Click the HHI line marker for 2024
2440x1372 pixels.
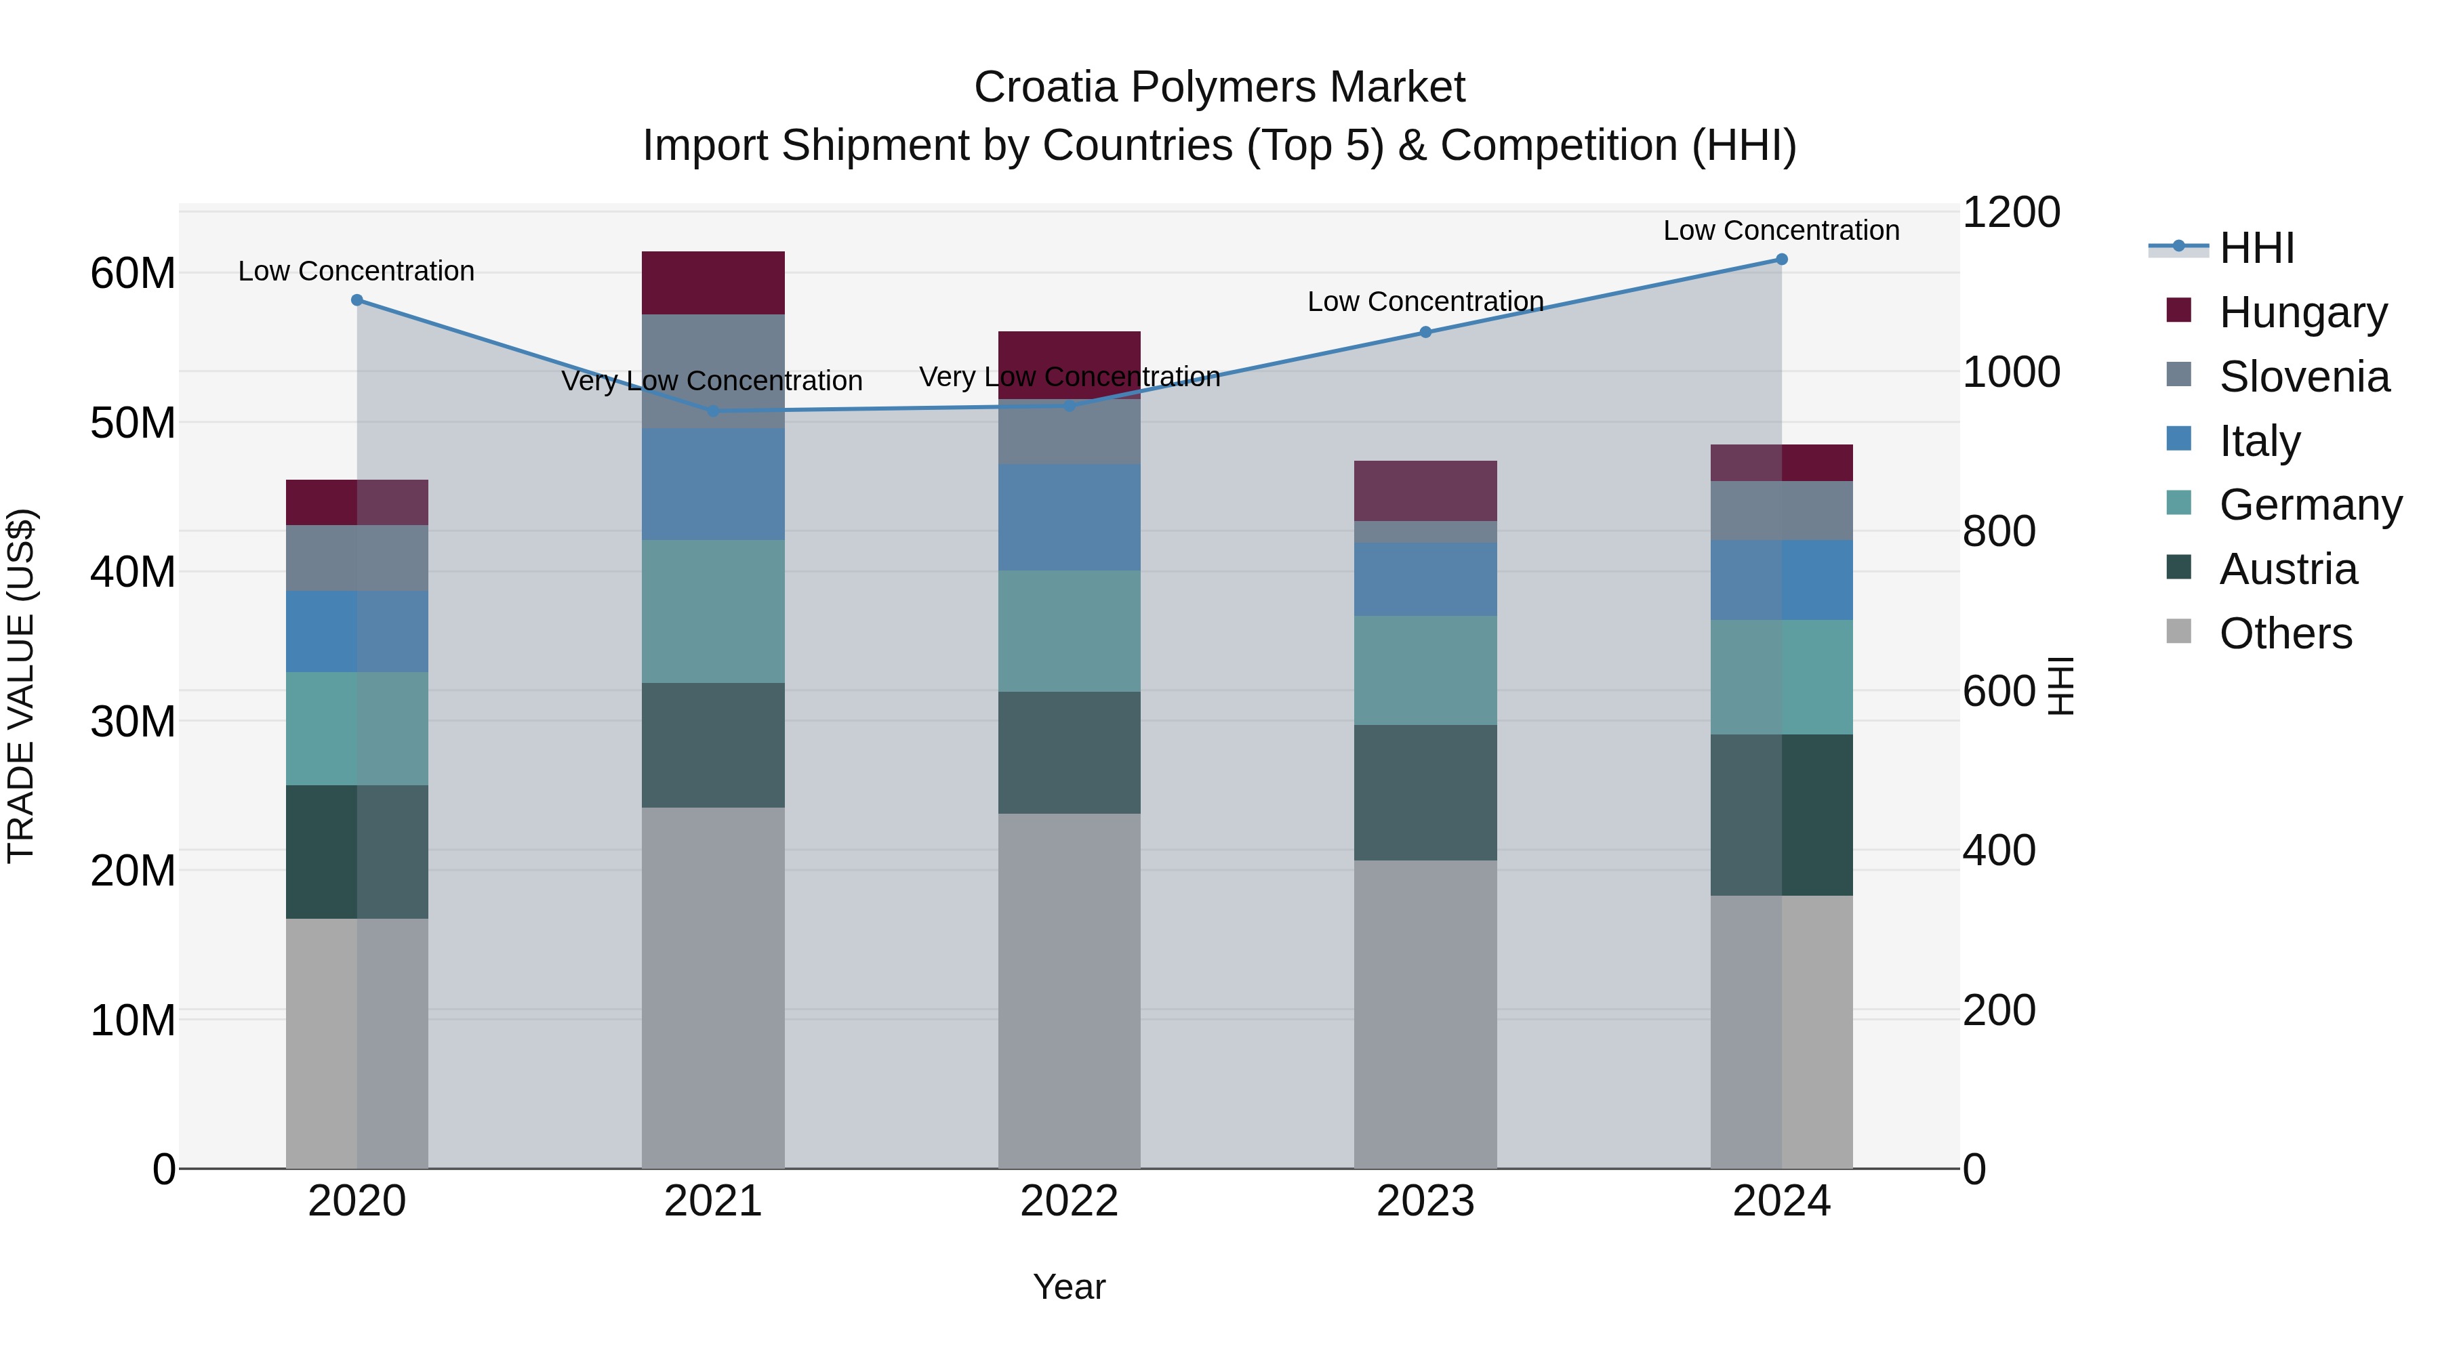(x=1781, y=259)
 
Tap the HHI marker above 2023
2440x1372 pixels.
(x=1425, y=333)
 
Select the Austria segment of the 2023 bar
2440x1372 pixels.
(x=1425, y=793)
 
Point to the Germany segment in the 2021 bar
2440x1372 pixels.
(x=713, y=612)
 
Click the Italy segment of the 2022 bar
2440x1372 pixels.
(x=1070, y=517)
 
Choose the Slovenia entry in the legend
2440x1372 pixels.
(x=2304, y=377)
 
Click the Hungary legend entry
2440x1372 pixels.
(x=2302, y=312)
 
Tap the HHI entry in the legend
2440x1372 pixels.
(x=2256, y=248)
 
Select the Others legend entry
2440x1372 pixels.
(x=2285, y=633)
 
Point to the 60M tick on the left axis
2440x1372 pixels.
(x=133, y=274)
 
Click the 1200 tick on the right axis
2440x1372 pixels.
(x=2011, y=212)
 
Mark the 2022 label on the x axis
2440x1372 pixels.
(x=1070, y=1201)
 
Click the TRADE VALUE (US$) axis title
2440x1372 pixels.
(x=21, y=686)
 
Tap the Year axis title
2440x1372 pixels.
(x=1070, y=1287)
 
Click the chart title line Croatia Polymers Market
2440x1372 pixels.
(x=1219, y=87)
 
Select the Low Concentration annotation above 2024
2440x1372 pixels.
(x=1781, y=230)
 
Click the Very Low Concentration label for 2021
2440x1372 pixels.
(x=712, y=381)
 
